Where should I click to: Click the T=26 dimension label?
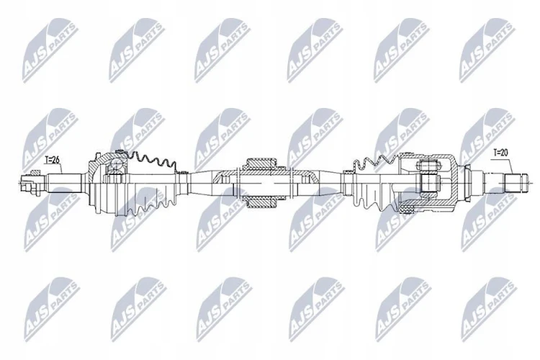[x=53, y=160]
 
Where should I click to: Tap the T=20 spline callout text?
[x=500, y=152]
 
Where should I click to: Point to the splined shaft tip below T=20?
[x=516, y=184]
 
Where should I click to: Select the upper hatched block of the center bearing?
[x=262, y=163]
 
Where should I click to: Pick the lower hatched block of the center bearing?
[x=262, y=202]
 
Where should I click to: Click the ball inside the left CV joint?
[x=114, y=166]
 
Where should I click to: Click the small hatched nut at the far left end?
[x=35, y=172]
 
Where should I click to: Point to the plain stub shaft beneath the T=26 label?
[x=64, y=180]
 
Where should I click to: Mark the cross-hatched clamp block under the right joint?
[x=406, y=209]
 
